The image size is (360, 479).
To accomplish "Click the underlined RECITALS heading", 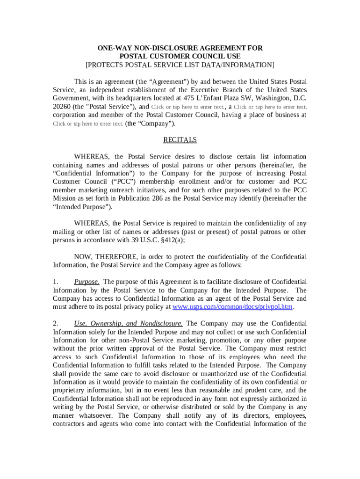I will (180, 140).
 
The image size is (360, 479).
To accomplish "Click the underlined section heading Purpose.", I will (86, 282).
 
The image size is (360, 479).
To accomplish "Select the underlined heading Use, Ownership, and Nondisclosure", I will (129, 324).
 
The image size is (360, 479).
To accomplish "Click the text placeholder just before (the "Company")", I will (88, 123).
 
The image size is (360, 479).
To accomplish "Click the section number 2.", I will (56, 324).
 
